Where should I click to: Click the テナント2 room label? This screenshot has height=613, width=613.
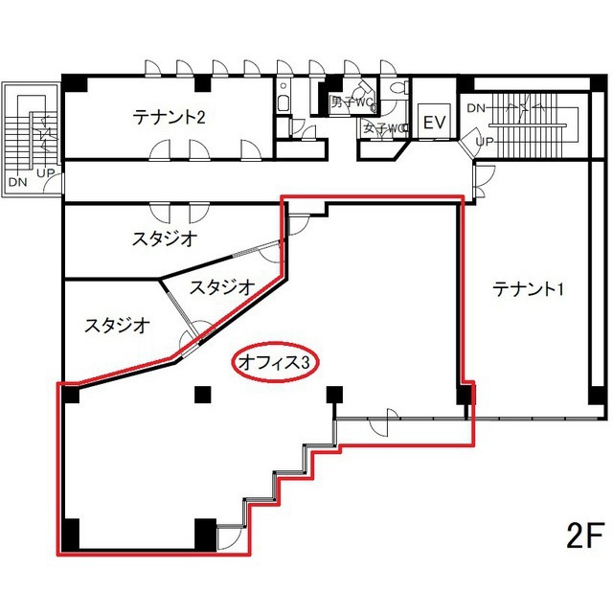tap(170, 118)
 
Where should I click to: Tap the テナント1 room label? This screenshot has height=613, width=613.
tap(527, 287)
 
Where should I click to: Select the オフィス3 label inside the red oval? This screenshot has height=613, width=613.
tap(276, 363)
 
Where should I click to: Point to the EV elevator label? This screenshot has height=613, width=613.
tap(436, 123)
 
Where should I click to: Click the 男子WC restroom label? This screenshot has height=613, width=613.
tap(352, 102)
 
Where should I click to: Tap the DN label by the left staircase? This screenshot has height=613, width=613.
tap(16, 181)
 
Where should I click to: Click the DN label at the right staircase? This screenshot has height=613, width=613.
tap(476, 108)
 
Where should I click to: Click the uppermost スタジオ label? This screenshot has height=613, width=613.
tap(165, 238)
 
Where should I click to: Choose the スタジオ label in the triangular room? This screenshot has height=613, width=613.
tap(221, 286)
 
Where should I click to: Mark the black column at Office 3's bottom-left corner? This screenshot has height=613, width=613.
tap(72, 533)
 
